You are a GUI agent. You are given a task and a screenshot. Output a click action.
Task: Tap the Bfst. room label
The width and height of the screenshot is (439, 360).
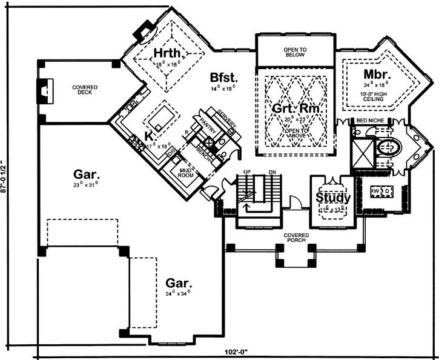(x=222, y=77)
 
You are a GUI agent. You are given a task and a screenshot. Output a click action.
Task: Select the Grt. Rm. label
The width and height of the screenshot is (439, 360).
(x=294, y=110)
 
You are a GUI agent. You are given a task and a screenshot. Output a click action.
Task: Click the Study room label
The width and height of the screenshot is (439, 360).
(x=332, y=198)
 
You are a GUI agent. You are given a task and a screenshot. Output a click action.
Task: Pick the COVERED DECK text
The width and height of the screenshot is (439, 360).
(x=86, y=90)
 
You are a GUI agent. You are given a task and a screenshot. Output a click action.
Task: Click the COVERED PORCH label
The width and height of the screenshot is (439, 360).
(x=295, y=237)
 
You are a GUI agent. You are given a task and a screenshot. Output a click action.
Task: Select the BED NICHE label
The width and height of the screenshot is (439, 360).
(x=371, y=122)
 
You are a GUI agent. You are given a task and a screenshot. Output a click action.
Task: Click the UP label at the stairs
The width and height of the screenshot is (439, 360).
(x=246, y=172)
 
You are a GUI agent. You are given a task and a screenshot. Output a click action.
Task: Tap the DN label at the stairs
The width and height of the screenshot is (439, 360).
(x=272, y=172)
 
